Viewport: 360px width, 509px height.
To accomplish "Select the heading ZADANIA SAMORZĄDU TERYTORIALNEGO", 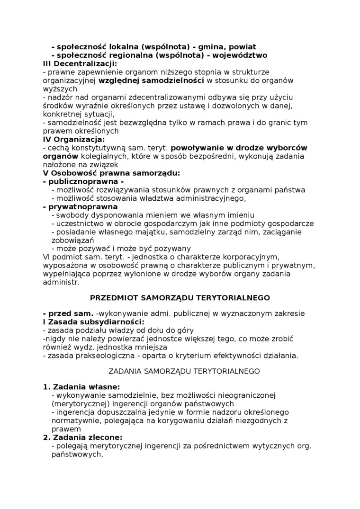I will (184, 371).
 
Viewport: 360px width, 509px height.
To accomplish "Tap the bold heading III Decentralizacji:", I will (80, 63).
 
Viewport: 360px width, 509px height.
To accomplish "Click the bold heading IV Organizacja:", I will (74, 139).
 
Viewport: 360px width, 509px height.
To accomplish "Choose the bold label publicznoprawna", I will (83, 181).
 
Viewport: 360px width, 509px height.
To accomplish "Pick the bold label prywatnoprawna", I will (80, 207).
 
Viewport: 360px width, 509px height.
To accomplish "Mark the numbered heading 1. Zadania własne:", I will (81, 386).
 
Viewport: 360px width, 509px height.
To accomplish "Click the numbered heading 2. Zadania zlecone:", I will (82, 437).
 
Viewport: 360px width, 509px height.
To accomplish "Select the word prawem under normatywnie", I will (63, 429).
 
